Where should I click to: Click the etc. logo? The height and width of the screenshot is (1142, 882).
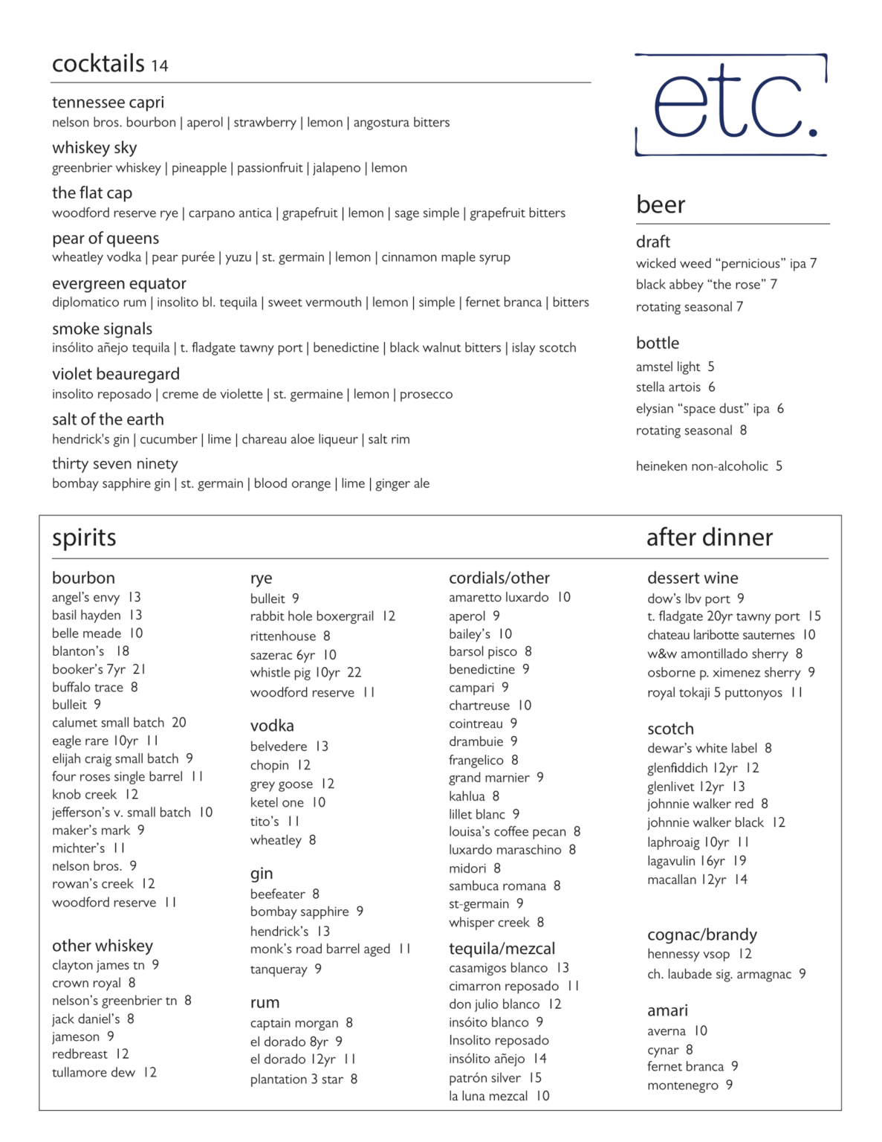pyautogui.click(x=731, y=105)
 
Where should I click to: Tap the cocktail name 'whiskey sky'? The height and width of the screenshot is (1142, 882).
pyautogui.click(x=94, y=148)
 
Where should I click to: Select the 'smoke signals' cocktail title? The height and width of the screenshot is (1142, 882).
pyautogui.click(x=102, y=329)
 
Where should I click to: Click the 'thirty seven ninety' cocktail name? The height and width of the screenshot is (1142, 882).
pyautogui.click(x=114, y=464)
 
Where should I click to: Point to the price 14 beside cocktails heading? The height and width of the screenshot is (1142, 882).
pyautogui.click(x=160, y=66)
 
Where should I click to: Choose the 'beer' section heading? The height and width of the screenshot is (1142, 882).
pyautogui.click(x=661, y=204)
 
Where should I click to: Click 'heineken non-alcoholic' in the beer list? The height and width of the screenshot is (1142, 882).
pyautogui.click(x=701, y=466)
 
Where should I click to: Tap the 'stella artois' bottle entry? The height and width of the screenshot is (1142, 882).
pyautogui.click(x=668, y=387)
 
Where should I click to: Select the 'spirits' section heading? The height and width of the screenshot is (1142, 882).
pyautogui.click(x=84, y=538)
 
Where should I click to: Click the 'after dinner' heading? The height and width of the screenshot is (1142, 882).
pyautogui.click(x=709, y=538)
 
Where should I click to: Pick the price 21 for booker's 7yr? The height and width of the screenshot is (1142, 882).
pyautogui.click(x=140, y=669)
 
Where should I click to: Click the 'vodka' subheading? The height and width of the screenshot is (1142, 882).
pyautogui.click(x=272, y=726)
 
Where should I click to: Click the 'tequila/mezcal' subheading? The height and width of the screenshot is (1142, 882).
pyautogui.click(x=502, y=949)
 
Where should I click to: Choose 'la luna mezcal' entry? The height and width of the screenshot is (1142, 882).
pyautogui.click(x=488, y=1096)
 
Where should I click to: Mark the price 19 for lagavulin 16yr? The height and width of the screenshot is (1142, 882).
pyautogui.click(x=739, y=861)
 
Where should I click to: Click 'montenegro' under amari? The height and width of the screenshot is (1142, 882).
pyautogui.click(x=683, y=1085)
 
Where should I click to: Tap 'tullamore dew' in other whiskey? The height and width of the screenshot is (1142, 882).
pyautogui.click(x=94, y=1072)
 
